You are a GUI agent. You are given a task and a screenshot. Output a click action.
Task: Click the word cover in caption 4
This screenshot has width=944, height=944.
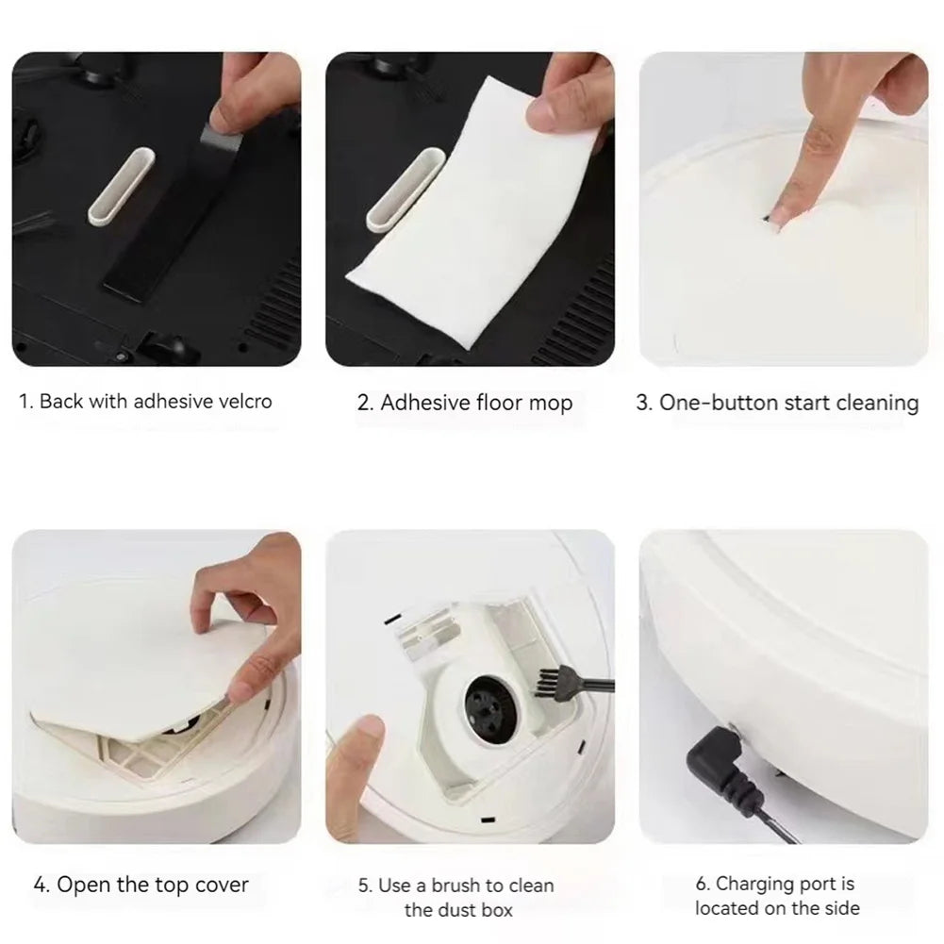pos(222,885)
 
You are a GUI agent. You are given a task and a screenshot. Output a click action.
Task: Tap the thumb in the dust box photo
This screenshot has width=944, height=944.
pos(360,754)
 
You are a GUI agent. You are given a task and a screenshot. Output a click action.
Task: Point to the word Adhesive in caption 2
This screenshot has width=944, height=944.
pos(423,404)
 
